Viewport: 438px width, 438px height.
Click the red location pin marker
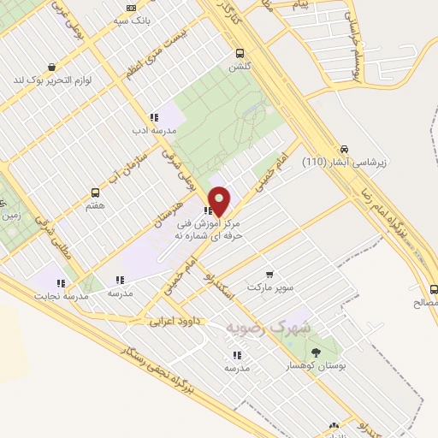click(220, 200)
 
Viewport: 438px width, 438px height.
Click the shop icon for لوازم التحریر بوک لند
click(52, 67)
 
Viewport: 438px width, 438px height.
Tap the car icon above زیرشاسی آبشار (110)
click(344, 147)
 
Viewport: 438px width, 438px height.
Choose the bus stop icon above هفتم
click(95, 193)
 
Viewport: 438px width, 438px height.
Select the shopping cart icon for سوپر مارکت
click(270, 275)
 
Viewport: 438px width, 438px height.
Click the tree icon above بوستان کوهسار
click(317, 352)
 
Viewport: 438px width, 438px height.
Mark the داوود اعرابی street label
click(175, 322)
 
